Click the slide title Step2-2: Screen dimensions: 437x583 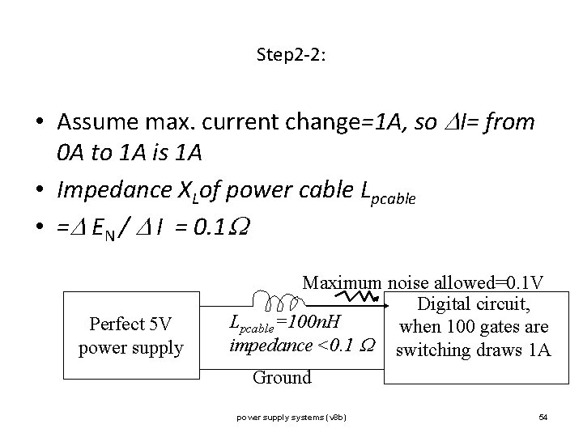[291, 56]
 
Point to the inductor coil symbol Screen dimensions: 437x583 [279, 299]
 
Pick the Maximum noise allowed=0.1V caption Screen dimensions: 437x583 [424, 282]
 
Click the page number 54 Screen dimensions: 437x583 [543, 417]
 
